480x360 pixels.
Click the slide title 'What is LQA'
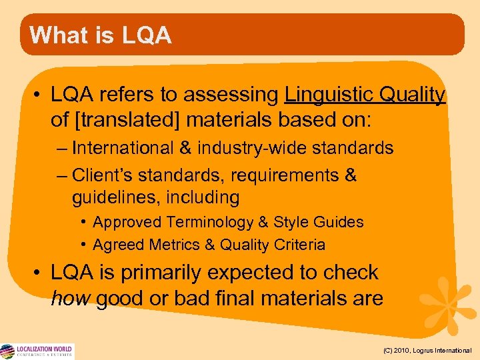click(101, 35)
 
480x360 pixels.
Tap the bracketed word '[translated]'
click(136, 121)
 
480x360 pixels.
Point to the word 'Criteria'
click(299, 245)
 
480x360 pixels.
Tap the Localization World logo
click(37, 351)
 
